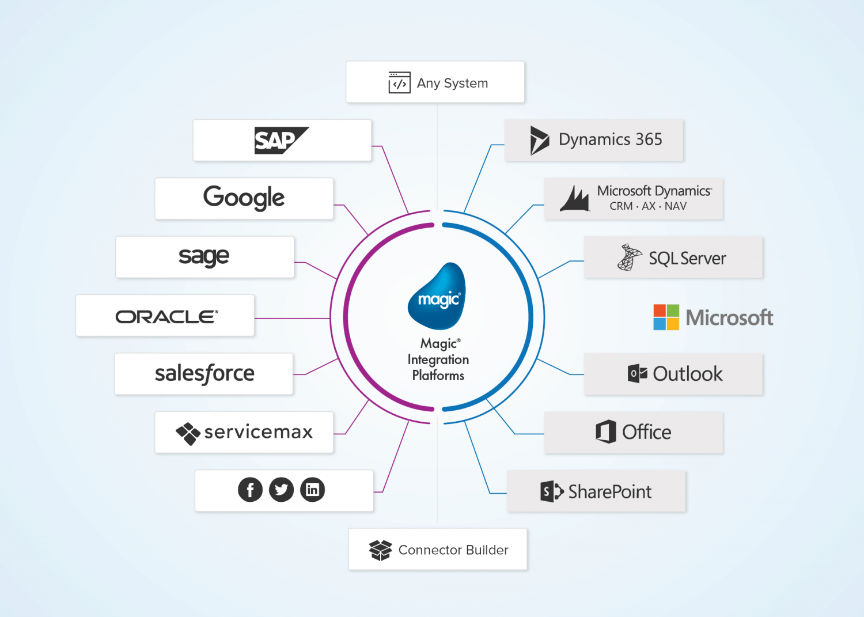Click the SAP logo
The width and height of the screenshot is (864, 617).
tap(281, 141)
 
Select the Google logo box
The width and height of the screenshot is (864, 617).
tap(244, 198)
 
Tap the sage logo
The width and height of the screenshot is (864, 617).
tap(204, 257)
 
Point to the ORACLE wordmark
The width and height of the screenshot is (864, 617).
tap(166, 316)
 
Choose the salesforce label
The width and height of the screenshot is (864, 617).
tap(204, 374)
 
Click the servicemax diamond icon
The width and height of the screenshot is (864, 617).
tap(188, 433)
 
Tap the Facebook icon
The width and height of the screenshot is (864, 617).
tap(250, 490)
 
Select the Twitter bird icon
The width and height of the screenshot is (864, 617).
tap(281, 490)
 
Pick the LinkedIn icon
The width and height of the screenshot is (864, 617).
tap(312, 490)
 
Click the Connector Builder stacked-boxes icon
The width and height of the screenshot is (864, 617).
tap(380, 550)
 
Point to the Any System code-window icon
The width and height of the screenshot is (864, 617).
tap(399, 82)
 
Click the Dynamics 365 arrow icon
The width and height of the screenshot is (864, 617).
tap(539, 140)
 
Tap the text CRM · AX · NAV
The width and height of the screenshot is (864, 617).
tap(648, 206)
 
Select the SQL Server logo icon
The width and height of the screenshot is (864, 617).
tap(629, 258)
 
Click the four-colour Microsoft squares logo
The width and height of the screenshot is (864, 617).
tap(666, 317)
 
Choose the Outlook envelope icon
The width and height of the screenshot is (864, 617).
tap(637, 373)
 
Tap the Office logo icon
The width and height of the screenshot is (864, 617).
tap(606, 431)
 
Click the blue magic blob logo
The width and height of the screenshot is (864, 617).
tap(437, 296)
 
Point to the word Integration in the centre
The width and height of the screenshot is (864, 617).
tap(438, 359)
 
